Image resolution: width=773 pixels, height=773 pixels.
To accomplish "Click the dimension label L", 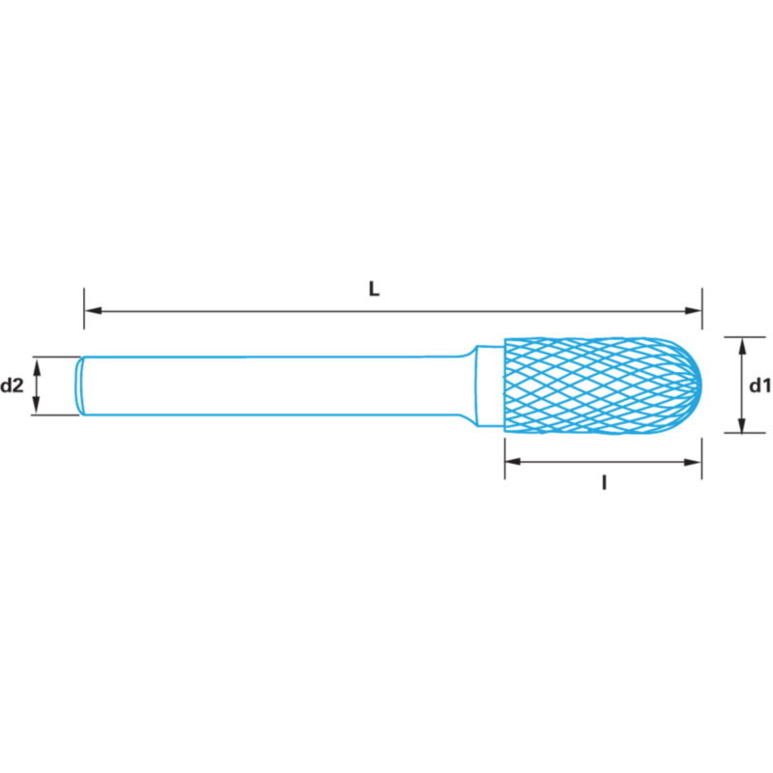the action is point(374,289).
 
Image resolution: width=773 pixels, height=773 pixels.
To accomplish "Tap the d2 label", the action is point(12,386).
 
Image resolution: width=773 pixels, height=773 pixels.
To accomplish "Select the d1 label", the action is point(759,386).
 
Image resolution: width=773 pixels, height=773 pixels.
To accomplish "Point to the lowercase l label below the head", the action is point(605,483).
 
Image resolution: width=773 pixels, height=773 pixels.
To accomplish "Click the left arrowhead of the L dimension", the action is point(93,310).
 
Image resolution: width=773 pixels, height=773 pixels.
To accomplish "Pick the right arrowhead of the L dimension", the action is point(693,310).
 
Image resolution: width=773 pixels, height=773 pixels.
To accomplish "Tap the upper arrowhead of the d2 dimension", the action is point(36,366).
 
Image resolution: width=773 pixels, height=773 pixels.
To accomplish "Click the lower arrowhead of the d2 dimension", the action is point(36,405).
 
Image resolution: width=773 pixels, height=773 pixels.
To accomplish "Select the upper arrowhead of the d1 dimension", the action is point(742,347).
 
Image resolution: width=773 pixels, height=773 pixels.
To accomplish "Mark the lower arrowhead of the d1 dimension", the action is point(742,424).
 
